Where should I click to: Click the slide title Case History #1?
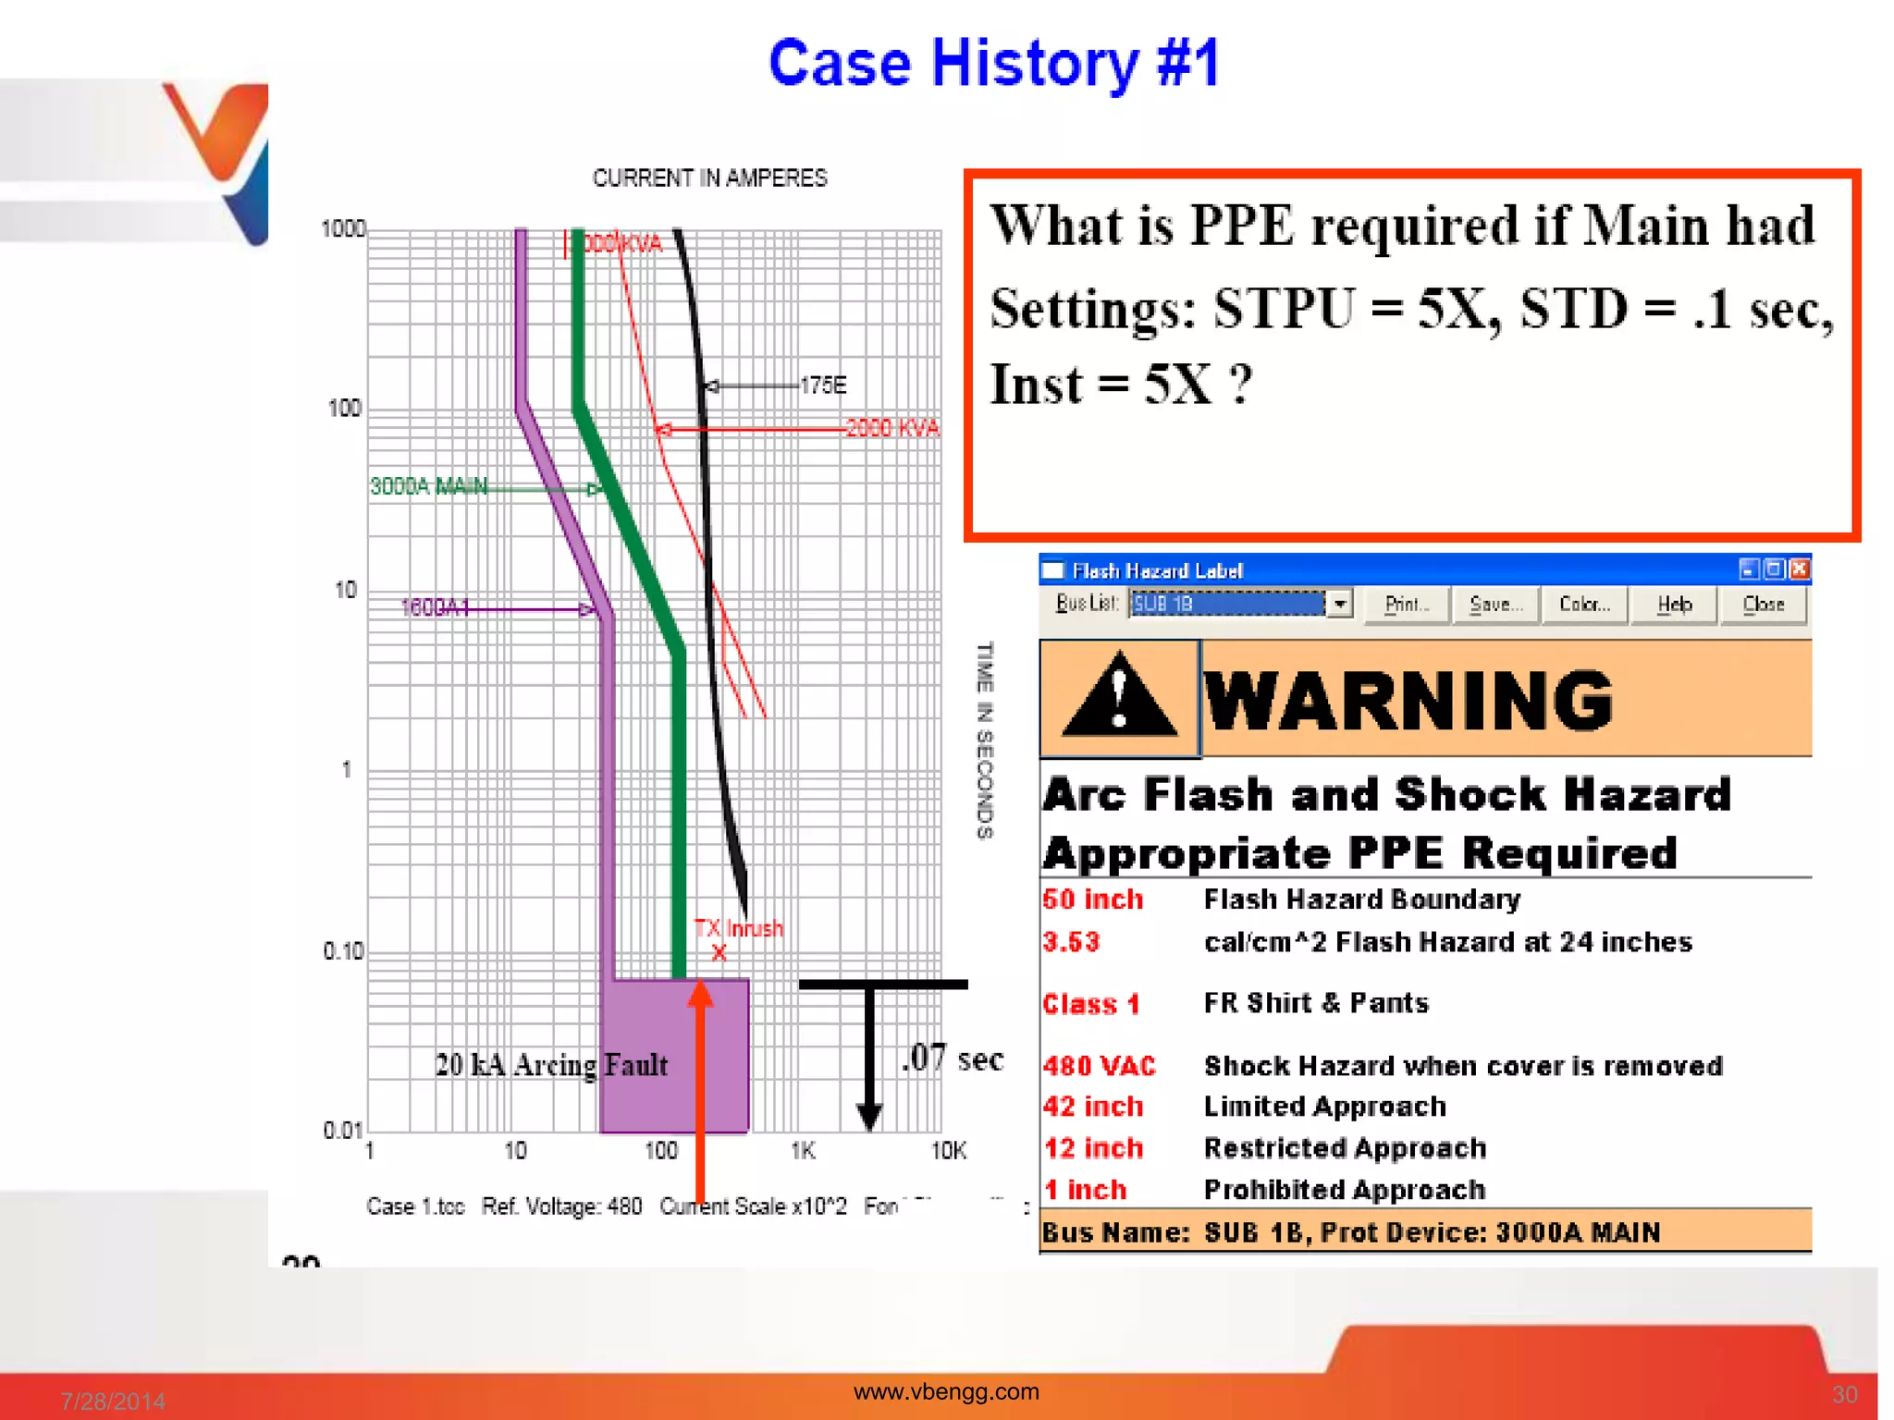[x=993, y=64]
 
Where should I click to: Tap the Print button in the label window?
[x=1406, y=605]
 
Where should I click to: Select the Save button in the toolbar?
[x=1494, y=605]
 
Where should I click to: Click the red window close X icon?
[x=1799, y=569]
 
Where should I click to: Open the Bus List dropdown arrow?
[x=1339, y=604]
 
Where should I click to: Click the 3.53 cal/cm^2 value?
[x=1071, y=942]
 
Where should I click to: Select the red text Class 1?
[x=1090, y=1004]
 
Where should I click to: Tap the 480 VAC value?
[x=1099, y=1066]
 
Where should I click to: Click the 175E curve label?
[x=822, y=385]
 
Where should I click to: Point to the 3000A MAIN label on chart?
[x=428, y=486]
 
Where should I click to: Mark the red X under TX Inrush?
[x=719, y=953]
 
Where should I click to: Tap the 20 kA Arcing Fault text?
[x=551, y=1065]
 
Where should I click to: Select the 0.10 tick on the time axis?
[x=343, y=951]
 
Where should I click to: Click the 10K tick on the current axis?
[x=948, y=1151]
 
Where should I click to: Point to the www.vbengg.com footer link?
[x=946, y=1391]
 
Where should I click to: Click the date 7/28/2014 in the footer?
[x=113, y=1401]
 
